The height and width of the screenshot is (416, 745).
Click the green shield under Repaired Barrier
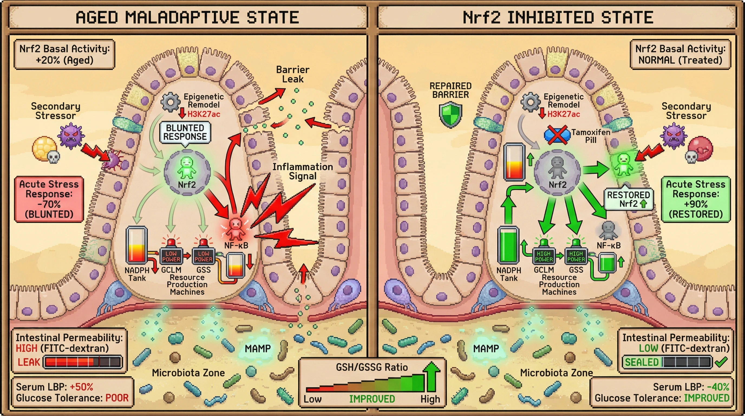click(450, 116)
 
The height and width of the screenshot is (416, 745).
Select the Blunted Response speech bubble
click(185, 132)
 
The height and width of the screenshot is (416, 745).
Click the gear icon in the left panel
click(170, 102)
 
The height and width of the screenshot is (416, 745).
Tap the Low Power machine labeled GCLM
click(171, 256)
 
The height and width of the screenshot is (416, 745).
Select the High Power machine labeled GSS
click(576, 256)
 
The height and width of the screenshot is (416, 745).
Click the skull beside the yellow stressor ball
click(54, 157)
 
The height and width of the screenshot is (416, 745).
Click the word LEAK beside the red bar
click(29, 362)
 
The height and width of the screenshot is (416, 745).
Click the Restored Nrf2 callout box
click(628, 199)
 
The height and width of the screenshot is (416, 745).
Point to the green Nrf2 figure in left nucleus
click(187, 168)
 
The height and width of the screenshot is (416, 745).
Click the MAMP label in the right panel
click(486, 348)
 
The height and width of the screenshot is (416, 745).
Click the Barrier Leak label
click(292, 74)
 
